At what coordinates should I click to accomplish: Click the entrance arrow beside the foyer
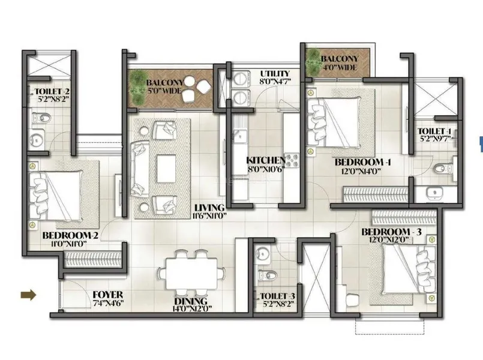28,295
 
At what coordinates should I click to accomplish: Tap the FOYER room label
108,295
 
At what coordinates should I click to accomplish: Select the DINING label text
191,301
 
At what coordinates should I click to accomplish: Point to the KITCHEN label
265,161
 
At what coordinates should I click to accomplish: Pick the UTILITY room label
275,73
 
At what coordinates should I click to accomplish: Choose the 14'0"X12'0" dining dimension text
191,310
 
